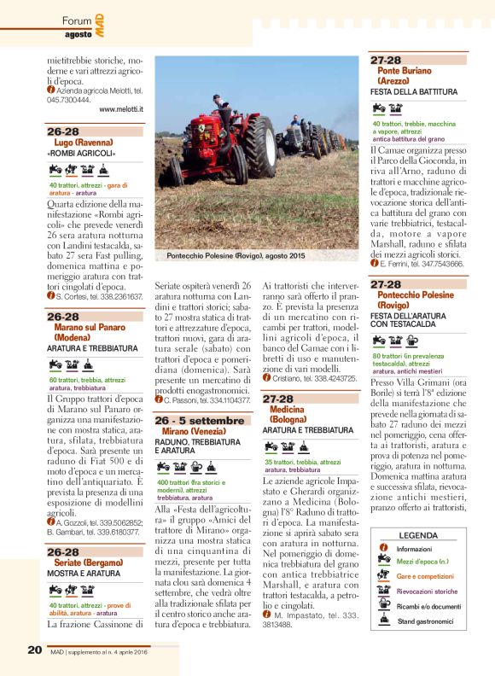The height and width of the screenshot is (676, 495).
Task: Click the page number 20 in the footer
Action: (33, 650)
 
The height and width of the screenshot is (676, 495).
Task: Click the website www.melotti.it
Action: (120, 109)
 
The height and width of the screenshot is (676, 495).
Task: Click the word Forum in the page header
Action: (78, 20)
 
